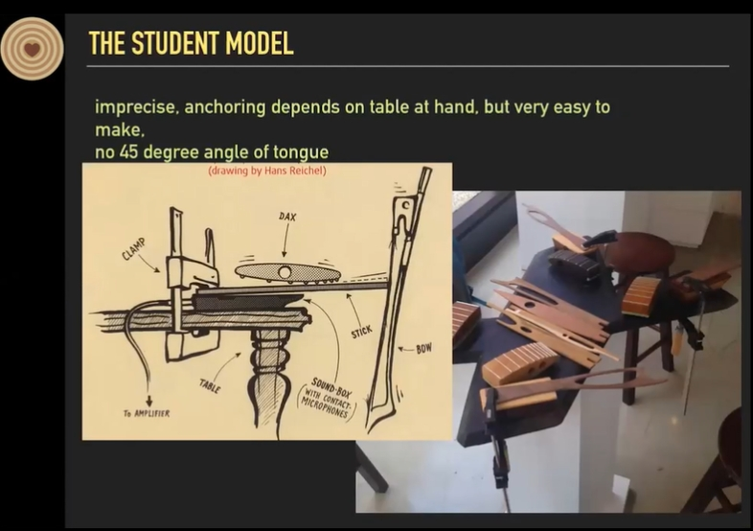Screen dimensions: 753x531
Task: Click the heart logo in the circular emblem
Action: click(x=32, y=49)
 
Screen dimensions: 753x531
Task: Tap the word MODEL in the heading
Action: click(x=260, y=43)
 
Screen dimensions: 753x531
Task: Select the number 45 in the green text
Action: click(x=128, y=152)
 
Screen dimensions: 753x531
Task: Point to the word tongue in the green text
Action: click(x=301, y=153)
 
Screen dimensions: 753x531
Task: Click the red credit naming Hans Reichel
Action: click(x=267, y=171)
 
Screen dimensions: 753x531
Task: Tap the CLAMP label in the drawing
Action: click(x=133, y=249)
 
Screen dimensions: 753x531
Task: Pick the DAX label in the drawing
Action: click(x=287, y=217)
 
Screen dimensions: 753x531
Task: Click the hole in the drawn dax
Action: click(x=285, y=272)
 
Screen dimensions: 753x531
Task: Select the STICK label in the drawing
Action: click(x=361, y=332)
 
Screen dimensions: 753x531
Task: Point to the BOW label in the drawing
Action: click(x=423, y=348)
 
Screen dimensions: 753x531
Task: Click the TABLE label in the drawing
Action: click(x=210, y=386)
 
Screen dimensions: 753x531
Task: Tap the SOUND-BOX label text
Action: click(x=331, y=387)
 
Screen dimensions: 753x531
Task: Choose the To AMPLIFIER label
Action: click(x=147, y=413)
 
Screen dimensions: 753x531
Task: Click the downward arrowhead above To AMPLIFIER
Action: click(x=148, y=402)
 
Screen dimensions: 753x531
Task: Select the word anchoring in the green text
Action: click(x=225, y=107)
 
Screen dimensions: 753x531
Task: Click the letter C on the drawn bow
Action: click(x=406, y=206)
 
